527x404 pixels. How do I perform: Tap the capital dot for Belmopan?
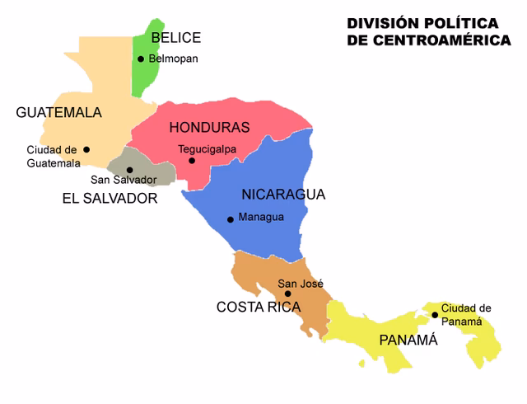tap(141, 59)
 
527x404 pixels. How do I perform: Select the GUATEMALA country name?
tap(59, 113)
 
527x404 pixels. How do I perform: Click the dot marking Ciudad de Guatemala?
tap(86, 149)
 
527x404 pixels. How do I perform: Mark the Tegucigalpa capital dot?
tap(192, 161)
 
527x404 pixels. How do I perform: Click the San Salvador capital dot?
tap(130, 170)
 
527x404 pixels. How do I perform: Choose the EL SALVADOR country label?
tap(110, 199)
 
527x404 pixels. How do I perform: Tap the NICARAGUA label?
tap(283, 195)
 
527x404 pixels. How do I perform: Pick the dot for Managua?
tap(231, 218)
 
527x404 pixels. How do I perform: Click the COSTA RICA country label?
tap(259, 307)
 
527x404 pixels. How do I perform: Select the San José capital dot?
tap(287, 294)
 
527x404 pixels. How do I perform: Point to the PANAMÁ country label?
tap(408, 341)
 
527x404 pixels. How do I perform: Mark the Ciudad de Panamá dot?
tap(435, 314)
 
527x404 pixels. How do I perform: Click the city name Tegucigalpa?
tap(208, 149)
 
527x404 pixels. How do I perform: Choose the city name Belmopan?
tap(174, 59)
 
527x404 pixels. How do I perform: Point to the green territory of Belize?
tap(146, 78)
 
